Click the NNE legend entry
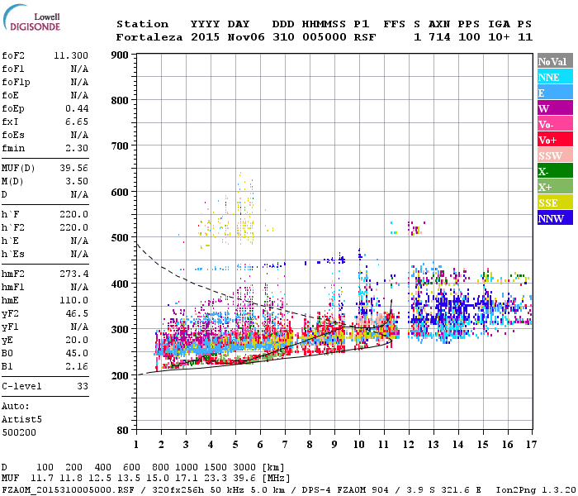coord(549,77)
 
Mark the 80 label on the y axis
coord(122,430)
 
